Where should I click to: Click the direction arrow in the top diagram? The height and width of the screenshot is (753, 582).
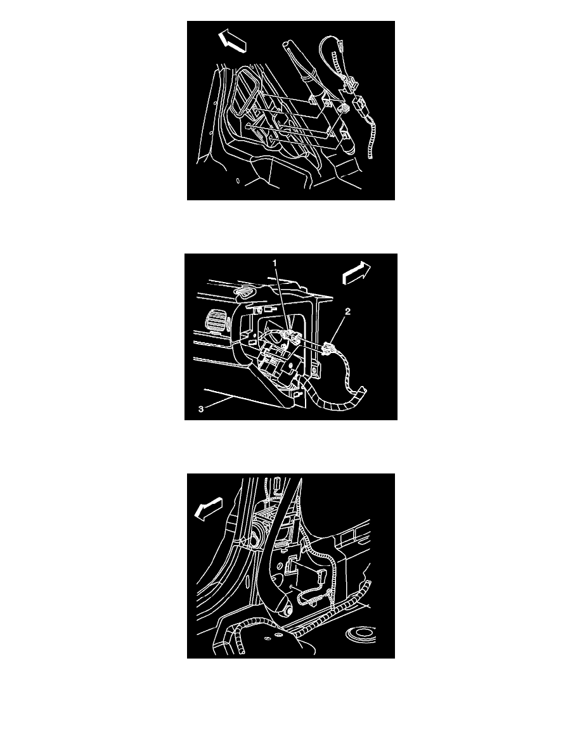click(233, 41)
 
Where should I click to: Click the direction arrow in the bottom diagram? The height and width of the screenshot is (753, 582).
click(209, 508)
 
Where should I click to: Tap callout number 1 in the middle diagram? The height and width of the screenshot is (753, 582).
click(275, 262)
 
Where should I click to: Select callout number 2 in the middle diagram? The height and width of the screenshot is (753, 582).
click(347, 311)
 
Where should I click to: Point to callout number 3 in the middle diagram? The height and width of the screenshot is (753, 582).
click(201, 409)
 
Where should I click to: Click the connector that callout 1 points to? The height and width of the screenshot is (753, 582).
click(293, 337)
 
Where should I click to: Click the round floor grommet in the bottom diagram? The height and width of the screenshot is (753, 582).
click(362, 634)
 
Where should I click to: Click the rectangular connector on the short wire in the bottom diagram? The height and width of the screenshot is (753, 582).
click(292, 566)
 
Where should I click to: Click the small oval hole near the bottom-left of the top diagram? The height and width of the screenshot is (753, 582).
click(238, 181)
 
